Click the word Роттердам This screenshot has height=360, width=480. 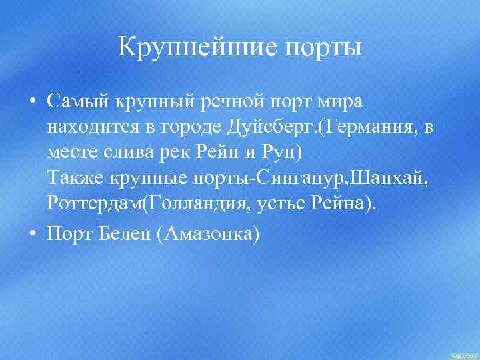[95, 202]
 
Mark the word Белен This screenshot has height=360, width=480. [122, 235]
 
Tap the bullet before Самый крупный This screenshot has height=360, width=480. [31, 102]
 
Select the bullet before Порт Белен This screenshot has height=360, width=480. [31, 235]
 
